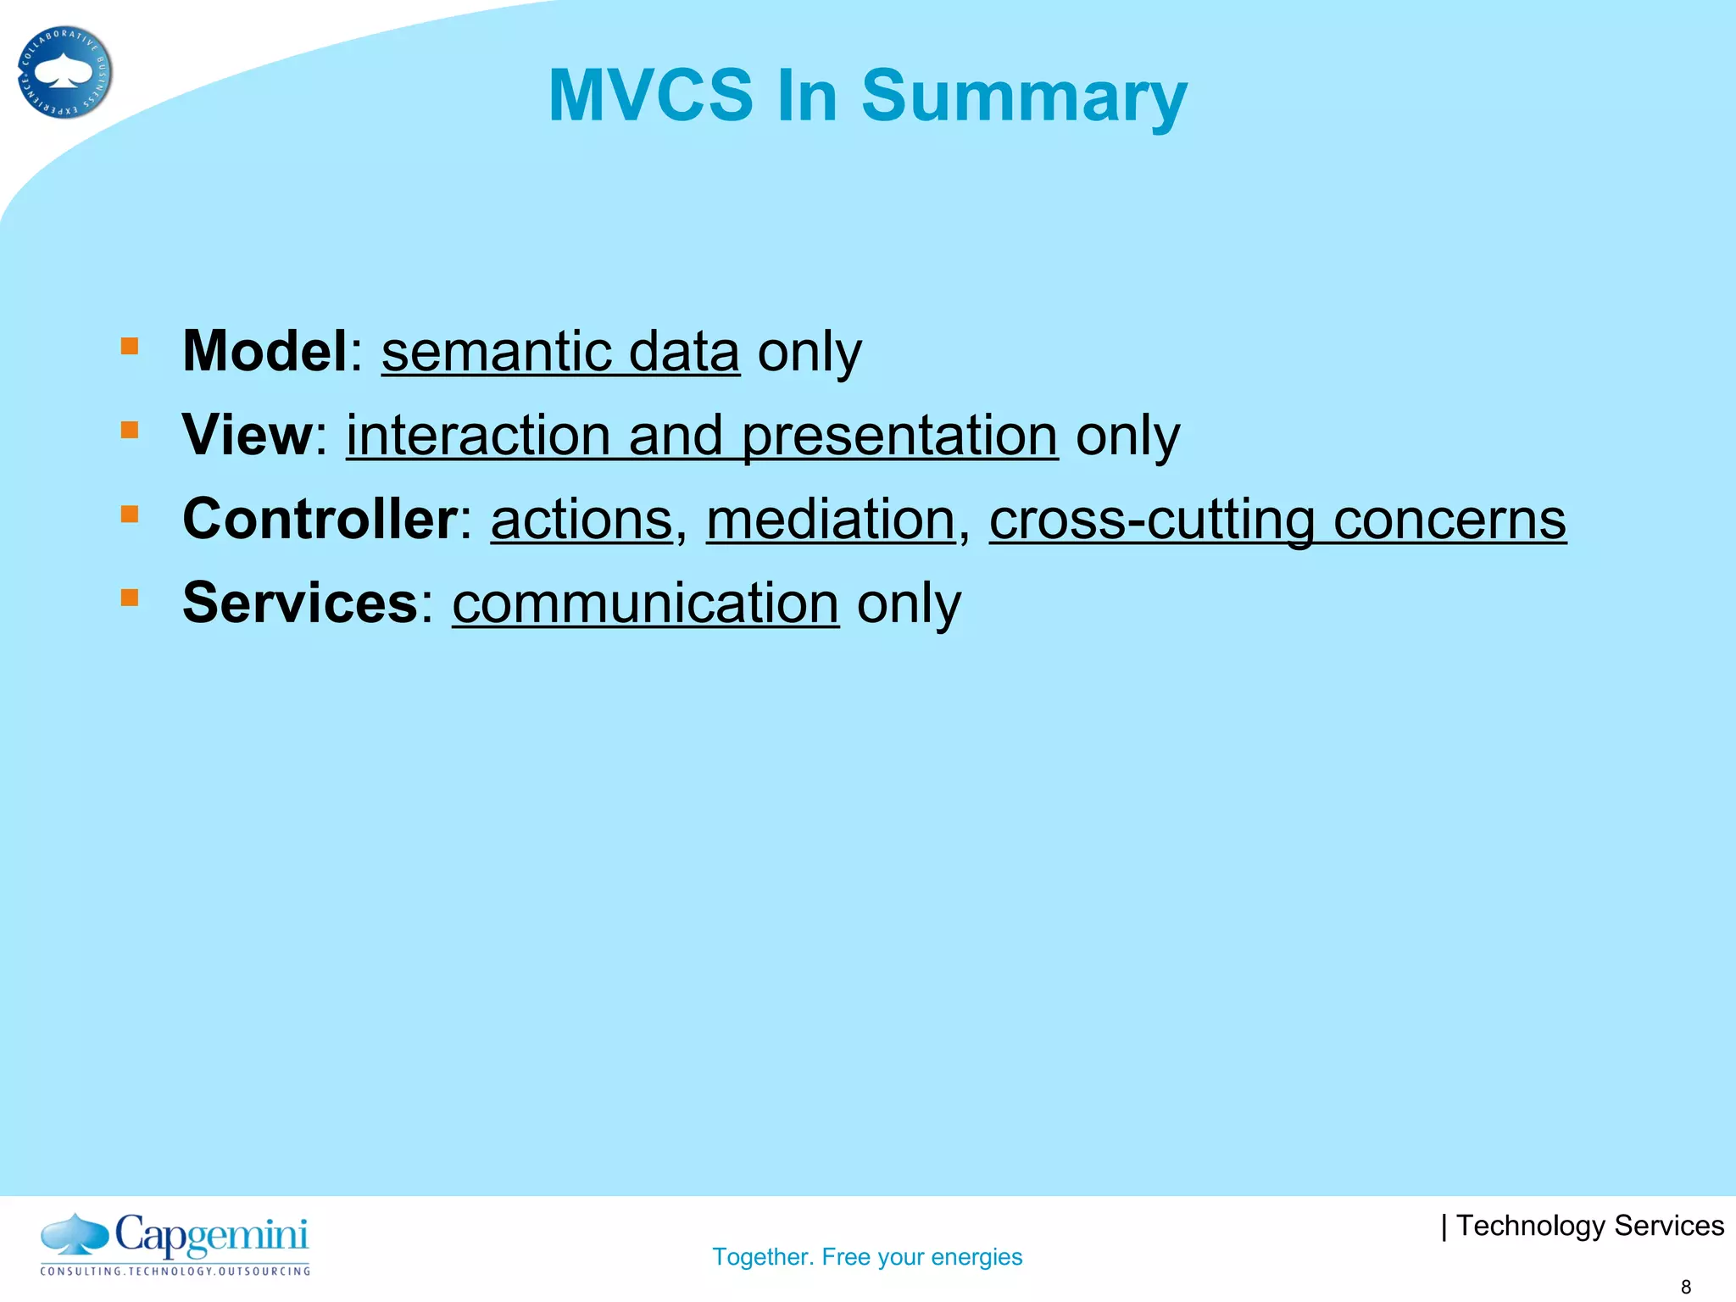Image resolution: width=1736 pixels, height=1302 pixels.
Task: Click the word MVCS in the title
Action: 650,95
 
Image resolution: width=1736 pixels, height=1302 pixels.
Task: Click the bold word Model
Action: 264,351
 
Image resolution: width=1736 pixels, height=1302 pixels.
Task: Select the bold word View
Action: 248,435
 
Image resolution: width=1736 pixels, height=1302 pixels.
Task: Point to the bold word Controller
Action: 320,519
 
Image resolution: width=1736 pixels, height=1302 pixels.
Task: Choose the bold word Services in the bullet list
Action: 300,603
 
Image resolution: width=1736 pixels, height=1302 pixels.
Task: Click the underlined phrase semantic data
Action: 560,352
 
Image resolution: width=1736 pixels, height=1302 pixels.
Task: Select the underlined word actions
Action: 581,520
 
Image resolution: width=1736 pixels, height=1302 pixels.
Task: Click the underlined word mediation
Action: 831,520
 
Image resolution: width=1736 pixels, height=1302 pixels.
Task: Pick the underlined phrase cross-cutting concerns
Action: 1277,520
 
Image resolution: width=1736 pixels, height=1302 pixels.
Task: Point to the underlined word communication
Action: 645,604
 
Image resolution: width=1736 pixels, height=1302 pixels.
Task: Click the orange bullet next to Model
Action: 129,346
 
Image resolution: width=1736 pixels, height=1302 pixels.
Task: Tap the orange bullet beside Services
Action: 129,598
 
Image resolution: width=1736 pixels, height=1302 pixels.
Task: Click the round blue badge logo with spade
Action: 64,72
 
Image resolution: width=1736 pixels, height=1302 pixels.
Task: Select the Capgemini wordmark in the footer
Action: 210,1236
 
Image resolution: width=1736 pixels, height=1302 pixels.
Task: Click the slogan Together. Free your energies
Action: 867,1256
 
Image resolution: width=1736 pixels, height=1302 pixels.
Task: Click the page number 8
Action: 1686,1287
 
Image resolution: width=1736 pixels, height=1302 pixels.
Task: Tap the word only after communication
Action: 909,604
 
